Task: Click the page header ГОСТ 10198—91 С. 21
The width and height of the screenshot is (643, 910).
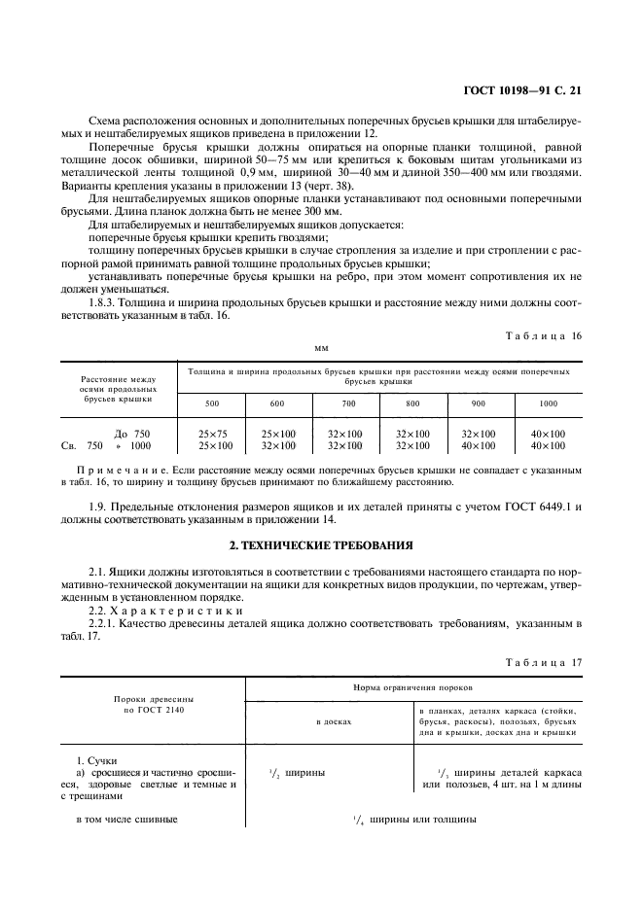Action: pyautogui.click(x=521, y=93)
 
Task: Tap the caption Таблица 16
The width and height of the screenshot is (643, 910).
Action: pyautogui.click(x=544, y=334)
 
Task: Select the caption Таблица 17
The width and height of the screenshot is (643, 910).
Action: pyautogui.click(x=544, y=662)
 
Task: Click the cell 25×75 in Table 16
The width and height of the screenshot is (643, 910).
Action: pyautogui.click(x=211, y=433)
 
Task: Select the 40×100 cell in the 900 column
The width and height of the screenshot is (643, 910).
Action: pyautogui.click(x=478, y=446)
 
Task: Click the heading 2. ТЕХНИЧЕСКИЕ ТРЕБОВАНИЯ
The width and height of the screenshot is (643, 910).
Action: pyautogui.click(x=321, y=544)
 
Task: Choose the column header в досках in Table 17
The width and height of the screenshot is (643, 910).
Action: pyautogui.click(x=329, y=722)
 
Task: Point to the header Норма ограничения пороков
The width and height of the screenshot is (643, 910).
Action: pyautogui.click(x=413, y=687)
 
